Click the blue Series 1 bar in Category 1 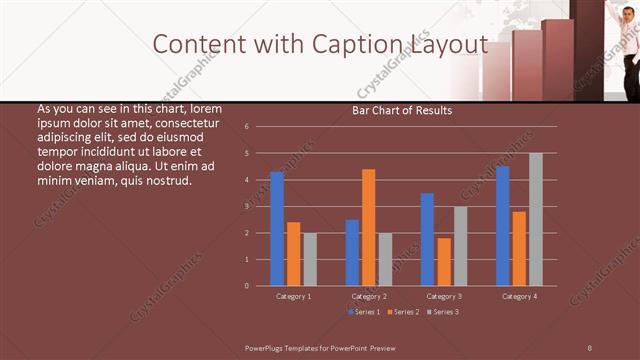point(277,229)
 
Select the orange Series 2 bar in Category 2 point(369,227)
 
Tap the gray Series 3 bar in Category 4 point(535,219)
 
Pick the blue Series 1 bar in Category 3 point(427,239)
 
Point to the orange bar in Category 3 point(444,261)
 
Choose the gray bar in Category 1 point(310,259)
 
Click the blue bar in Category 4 point(502,226)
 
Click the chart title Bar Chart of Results point(402,110)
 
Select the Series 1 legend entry point(362,312)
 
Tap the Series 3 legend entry point(443,312)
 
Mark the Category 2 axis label point(369,297)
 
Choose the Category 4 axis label point(518,297)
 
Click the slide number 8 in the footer point(589,347)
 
